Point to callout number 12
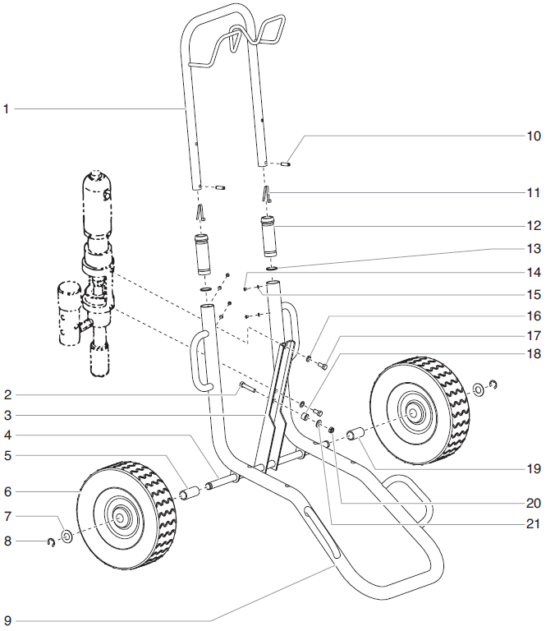click(534, 225)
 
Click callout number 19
click(534, 469)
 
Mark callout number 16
click(534, 315)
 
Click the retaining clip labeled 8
click(51, 541)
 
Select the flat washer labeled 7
click(67, 537)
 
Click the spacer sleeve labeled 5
click(190, 494)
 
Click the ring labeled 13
click(272, 268)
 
